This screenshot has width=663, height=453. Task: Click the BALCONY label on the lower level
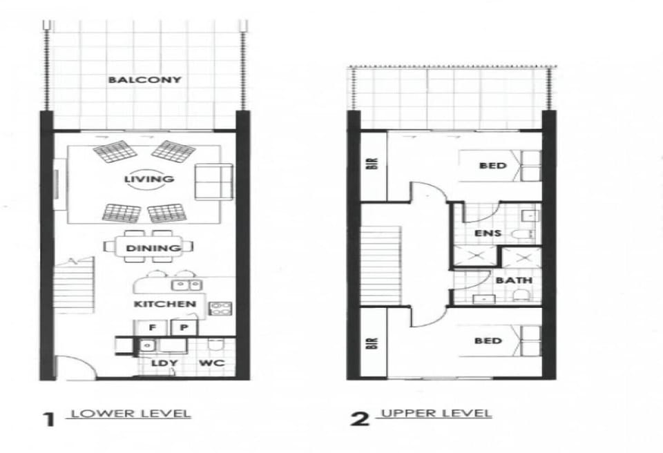tap(144, 79)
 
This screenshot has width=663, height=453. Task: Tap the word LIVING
tap(149, 179)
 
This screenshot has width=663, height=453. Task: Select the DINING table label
tap(153, 248)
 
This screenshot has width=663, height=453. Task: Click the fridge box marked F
tap(153, 327)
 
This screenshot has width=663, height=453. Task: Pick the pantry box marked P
tap(184, 327)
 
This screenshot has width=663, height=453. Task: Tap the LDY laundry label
tap(164, 363)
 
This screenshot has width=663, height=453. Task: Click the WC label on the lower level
tap(211, 363)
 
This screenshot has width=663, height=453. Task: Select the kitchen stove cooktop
tap(220, 309)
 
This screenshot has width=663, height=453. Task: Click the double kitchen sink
tap(187, 285)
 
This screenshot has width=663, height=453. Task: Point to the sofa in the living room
tap(213, 182)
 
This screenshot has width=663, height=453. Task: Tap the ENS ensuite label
tap(488, 233)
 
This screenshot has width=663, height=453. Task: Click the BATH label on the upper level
tap(514, 280)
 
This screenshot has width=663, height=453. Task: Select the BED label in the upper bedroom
tap(493, 165)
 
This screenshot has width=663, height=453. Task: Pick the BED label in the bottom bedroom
tap(488, 340)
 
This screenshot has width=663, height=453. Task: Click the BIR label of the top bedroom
tap(374, 163)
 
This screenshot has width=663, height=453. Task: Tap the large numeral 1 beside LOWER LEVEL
tap(50, 420)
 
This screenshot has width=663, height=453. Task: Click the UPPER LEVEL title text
tap(436, 413)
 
